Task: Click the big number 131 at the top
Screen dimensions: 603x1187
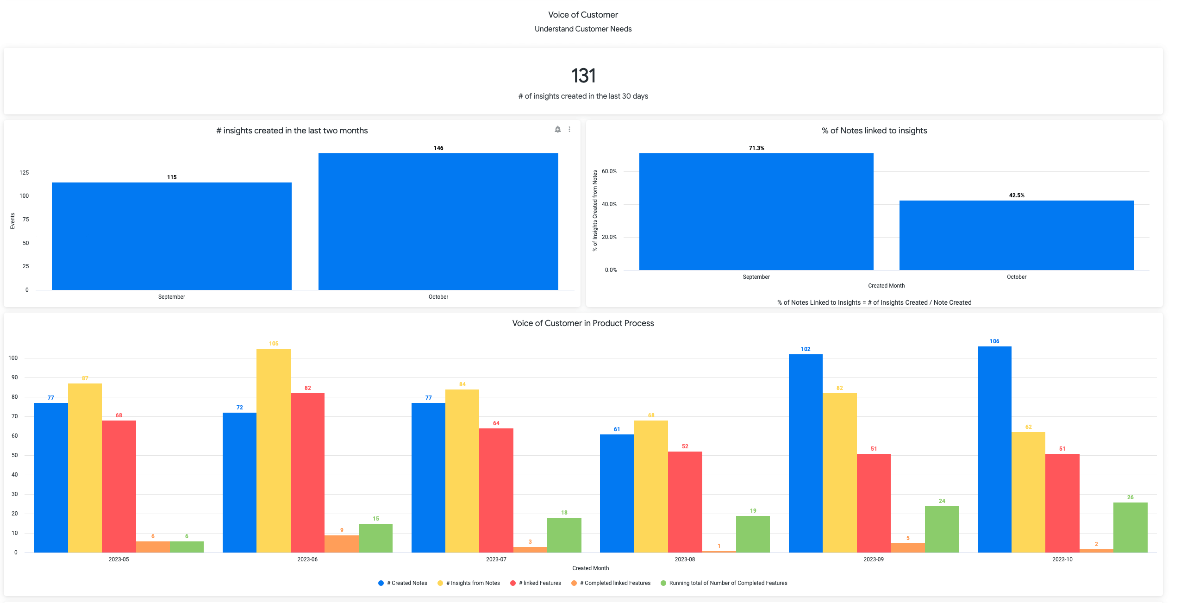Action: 583,76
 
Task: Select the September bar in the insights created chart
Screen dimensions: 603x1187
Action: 171,236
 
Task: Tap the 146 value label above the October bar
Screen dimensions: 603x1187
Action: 438,148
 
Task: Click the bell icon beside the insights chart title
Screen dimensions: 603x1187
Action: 558,130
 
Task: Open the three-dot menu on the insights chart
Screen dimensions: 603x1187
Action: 569,130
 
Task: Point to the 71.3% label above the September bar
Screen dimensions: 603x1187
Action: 756,148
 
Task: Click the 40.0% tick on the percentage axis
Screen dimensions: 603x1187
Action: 609,204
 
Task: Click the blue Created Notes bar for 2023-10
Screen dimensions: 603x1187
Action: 994,449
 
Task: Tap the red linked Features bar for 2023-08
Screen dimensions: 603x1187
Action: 685,502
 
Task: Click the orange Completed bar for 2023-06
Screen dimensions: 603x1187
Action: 342,544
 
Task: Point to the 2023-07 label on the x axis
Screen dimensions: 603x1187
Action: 496,559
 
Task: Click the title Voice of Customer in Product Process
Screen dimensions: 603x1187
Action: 583,323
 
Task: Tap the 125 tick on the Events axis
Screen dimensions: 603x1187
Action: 24,173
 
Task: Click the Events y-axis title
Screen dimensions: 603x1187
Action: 12,221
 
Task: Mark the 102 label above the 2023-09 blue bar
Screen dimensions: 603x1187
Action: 806,349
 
